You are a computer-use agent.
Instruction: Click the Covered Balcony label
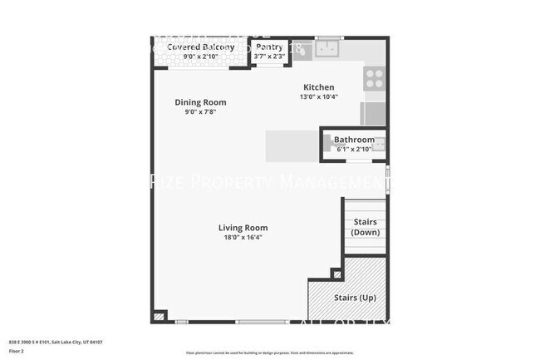[200, 47]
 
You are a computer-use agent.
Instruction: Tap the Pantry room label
[269, 47]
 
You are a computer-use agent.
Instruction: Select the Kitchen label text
[318, 87]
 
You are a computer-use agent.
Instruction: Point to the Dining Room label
[200, 102]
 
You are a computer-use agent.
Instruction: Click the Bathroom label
[354, 140]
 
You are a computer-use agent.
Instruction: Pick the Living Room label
[243, 228]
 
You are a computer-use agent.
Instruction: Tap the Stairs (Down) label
[366, 227]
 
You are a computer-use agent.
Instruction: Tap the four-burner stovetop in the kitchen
[375, 78]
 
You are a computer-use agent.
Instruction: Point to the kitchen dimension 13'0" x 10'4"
[318, 97]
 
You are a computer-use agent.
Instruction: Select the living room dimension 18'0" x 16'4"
[243, 238]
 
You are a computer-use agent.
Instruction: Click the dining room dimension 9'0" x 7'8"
[200, 112]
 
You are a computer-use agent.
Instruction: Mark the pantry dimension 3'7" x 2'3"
[269, 57]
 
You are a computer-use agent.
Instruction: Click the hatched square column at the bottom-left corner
[159, 317]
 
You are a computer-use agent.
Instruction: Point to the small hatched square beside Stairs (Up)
[336, 274]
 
